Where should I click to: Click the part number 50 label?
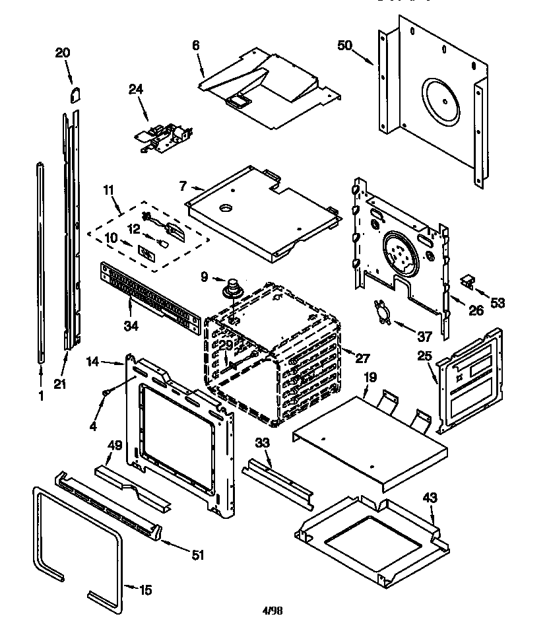pyautogui.click(x=344, y=46)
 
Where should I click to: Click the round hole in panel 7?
pyautogui.click(x=226, y=209)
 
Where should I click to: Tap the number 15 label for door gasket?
pyautogui.click(x=146, y=590)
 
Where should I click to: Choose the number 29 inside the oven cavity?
pyautogui.click(x=226, y=345)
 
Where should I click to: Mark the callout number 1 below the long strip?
pyautogui.click(x=40, y=396)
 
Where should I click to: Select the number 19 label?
pyautogui.click(x=369, y=378)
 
